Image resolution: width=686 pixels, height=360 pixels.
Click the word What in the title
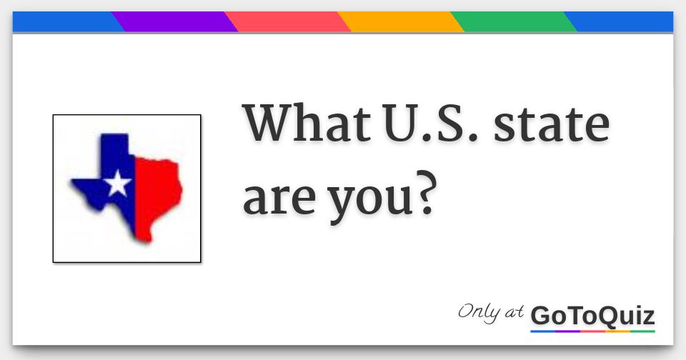(x=301, y=124)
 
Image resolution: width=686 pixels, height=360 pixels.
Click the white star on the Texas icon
(x=117, y=184)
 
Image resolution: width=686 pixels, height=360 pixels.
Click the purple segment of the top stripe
(x=175, y=21)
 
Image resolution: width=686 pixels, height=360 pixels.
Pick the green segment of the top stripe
(x=514, y=21)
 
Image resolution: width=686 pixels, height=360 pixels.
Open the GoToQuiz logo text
(x=592, y=315)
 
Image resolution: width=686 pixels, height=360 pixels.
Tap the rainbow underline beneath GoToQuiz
(x=592, y=331)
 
